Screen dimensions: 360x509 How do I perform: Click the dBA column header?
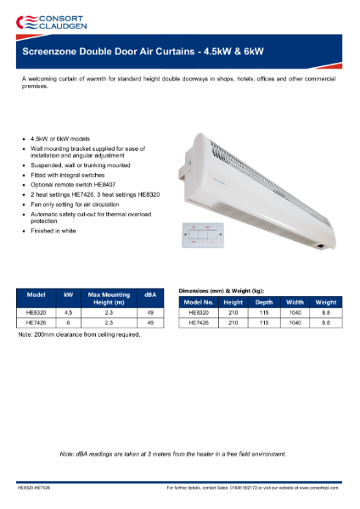(x=149, y=294)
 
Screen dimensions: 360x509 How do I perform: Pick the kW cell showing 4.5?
(x=69, y=312)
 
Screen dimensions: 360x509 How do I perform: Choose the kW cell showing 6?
(x=69, y=322)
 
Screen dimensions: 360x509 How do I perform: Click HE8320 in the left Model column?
(x=37, y=312)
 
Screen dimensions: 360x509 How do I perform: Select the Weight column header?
(x=325, y=302)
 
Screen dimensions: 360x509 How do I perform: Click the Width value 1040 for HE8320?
(x=295, y=312)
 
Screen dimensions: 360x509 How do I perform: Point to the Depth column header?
(x=264, y=302)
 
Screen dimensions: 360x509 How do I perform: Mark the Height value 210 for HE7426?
(x=233, y=322)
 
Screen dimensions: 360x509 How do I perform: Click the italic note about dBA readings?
(x=173, y=454)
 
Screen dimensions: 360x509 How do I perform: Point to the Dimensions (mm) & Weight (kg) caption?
(x=227, y=290)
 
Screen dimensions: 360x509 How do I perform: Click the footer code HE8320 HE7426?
(x=34, y=489)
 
